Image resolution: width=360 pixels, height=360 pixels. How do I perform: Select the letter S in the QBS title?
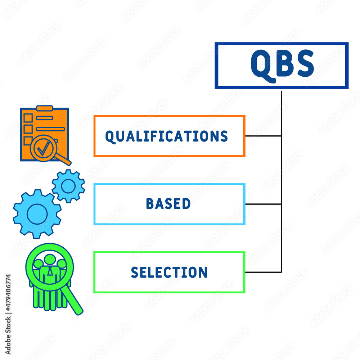306,63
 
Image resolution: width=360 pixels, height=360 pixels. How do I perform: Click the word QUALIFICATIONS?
166,136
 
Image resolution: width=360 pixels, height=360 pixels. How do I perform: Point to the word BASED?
168,204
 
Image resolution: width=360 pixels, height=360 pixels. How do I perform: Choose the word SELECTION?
169,272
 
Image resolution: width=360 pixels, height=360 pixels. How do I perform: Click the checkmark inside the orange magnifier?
44,149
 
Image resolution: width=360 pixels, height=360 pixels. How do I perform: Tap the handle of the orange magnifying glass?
63,159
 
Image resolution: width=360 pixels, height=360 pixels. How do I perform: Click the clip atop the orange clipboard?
45,108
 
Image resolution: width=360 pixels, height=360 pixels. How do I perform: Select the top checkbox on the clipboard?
28,118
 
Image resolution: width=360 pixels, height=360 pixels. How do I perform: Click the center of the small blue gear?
68,186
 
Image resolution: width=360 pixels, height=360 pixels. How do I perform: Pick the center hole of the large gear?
37,214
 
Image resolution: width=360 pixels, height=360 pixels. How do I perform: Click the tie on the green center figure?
50,271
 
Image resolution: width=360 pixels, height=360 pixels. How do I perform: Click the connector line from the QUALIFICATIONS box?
264,136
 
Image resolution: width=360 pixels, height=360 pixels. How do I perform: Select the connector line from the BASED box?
264,204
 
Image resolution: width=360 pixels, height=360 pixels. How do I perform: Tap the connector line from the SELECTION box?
264,272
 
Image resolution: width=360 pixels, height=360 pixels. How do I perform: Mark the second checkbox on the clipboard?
28,129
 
